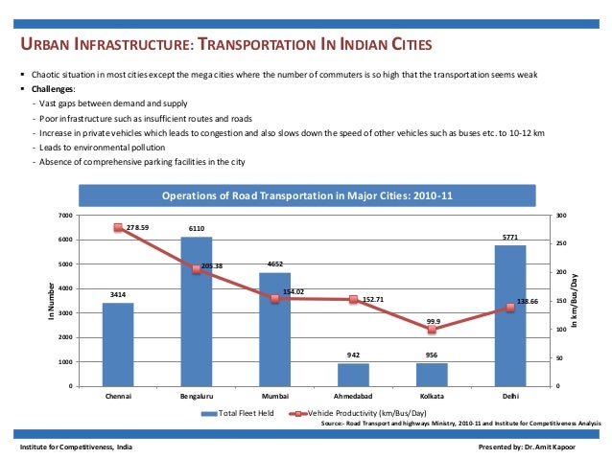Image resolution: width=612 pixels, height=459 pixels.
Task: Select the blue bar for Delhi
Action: [x=509, y=316]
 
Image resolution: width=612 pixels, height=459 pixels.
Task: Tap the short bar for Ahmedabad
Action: [x=353, y=375]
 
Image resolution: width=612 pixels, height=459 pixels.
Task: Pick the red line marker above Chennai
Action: [x=118, y=228]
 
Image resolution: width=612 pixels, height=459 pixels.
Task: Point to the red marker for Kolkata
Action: [x=432, y=330]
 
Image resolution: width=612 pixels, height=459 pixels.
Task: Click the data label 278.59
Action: [x=138, y=227]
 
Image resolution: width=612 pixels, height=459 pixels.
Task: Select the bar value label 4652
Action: [x=274, y=264]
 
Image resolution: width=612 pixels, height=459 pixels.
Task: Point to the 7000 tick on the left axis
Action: [x=65, y=215]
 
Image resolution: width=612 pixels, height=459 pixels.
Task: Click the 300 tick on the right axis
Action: [x=561, y=215]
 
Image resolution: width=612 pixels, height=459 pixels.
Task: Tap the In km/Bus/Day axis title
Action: [x=576, y=301]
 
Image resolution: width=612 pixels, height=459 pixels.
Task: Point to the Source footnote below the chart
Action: [x=460, y=422]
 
